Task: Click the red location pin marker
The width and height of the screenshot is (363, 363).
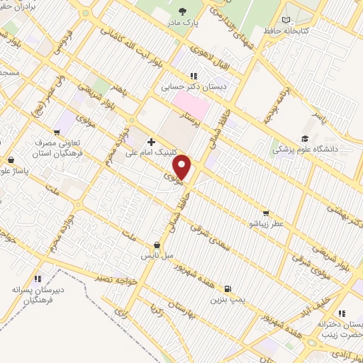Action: [183, 167]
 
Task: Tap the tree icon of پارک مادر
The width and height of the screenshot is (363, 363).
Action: [182, 11]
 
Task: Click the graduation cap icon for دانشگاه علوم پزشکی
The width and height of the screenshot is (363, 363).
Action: [304, 139]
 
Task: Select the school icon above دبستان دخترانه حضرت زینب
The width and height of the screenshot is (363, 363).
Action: [341, 313]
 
